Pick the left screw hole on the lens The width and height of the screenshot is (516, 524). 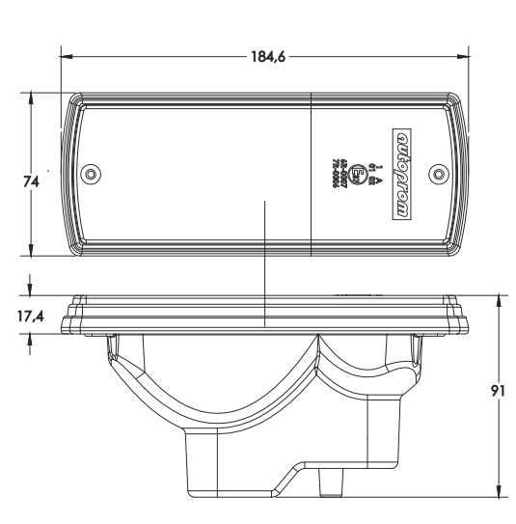(x=91, y=174)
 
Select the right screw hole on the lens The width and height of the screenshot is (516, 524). (x=440, y=174)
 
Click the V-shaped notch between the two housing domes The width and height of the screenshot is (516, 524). (x=319, y=345)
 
